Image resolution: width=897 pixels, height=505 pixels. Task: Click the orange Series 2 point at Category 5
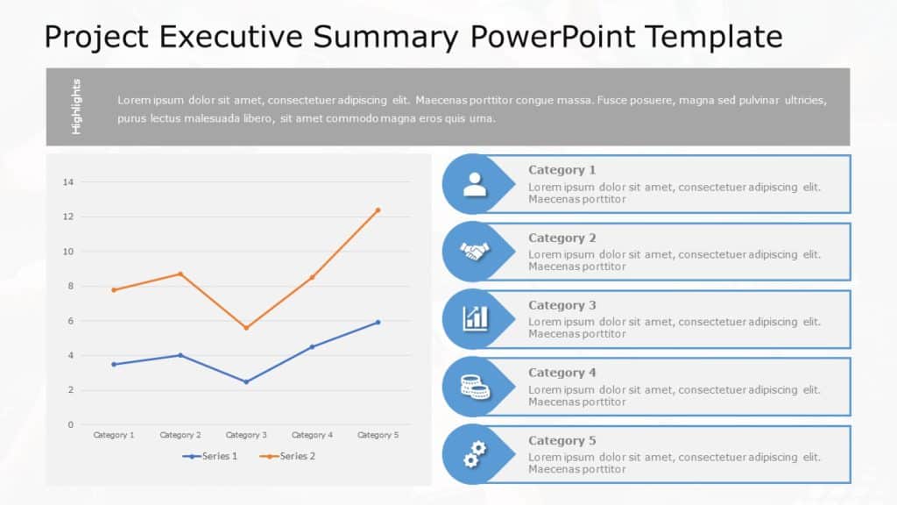pos(378,210)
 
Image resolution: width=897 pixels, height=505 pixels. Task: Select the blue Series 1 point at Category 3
pos(246,381)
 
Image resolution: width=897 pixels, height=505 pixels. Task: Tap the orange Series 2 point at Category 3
pos(246,328)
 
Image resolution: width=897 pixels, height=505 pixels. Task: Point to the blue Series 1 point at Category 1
pos(114,364)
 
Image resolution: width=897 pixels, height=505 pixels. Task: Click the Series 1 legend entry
pos(210,456)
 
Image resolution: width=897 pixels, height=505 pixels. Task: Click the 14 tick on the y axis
pos(68,182)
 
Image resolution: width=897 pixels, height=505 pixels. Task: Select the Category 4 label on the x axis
pos(312,435)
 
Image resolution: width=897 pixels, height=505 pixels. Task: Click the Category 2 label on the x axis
pos(180,435)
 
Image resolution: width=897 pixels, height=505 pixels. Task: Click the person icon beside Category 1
pos(475,184)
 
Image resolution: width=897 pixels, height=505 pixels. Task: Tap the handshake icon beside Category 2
pos(475,252)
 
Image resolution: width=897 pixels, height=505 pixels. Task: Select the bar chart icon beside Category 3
pos(475,318)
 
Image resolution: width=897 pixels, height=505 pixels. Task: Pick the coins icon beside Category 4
pos(475,386)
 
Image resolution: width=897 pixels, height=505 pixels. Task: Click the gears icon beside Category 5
pos(475,454)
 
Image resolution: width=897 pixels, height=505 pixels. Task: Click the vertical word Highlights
pos(76,106)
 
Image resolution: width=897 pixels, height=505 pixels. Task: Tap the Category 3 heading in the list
pos(562,305)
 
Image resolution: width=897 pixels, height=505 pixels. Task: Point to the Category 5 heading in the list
pos(562,440)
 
